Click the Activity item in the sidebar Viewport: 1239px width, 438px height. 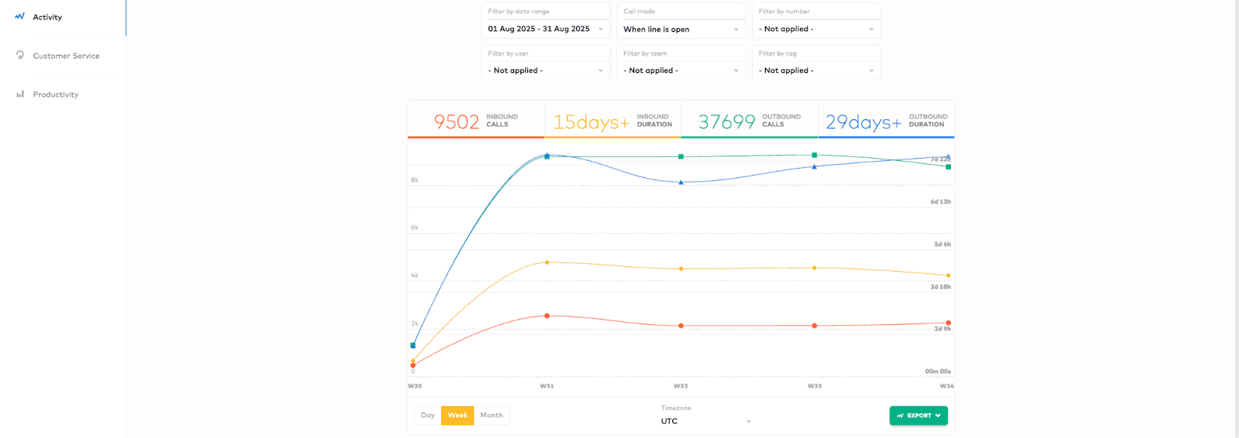[x=47, y=17]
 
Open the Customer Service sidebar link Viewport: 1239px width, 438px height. [x=66, y=56]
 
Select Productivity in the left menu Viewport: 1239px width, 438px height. [x=55, y=94]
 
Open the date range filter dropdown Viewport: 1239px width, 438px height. [x=545, y=29]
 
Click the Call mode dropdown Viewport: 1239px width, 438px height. [x=681, y=29]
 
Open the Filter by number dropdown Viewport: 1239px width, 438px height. [x=816, y=29]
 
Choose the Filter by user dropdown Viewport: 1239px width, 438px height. [x=545, y=70]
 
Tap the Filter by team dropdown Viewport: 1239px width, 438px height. [x=681, y=70]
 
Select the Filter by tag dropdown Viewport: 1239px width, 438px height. [x=816, y=70]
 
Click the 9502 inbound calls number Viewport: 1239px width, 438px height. [x=456, y=121]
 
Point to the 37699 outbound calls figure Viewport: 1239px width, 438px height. [x=726, y=121]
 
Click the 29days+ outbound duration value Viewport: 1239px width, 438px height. [x=863, y=121]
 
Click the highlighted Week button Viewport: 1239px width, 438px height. [x=458, y=416]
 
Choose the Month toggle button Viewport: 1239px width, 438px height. [x=492, y=416]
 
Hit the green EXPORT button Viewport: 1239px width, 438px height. [x=918, y=416]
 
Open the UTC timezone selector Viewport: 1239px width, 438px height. [x=705, y=421]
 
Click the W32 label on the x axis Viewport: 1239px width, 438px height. [x=681, y=385]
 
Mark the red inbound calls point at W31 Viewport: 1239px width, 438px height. [x=547, y=316]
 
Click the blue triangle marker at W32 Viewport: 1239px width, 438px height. [x=681, y=183]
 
